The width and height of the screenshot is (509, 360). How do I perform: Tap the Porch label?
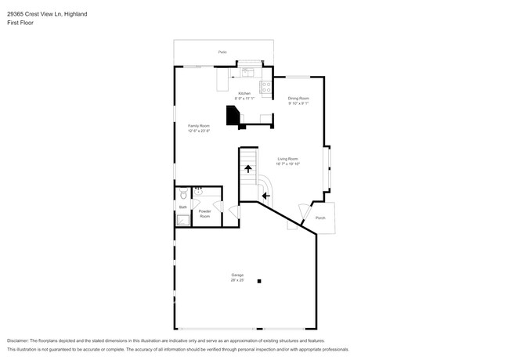point(320,218)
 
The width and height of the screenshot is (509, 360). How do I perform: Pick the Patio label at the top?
point(222,52)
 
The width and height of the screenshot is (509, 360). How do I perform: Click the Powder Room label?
point(204,214)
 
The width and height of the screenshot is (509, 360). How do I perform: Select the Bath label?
point(182,207)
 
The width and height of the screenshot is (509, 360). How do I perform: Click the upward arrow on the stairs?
point(249,168)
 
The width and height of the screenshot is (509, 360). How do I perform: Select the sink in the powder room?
point(198,190)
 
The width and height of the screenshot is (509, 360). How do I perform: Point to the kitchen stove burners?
point(265,87)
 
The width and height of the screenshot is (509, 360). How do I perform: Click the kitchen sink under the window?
point(250,72)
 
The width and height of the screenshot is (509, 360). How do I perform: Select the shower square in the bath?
point(182,220)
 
